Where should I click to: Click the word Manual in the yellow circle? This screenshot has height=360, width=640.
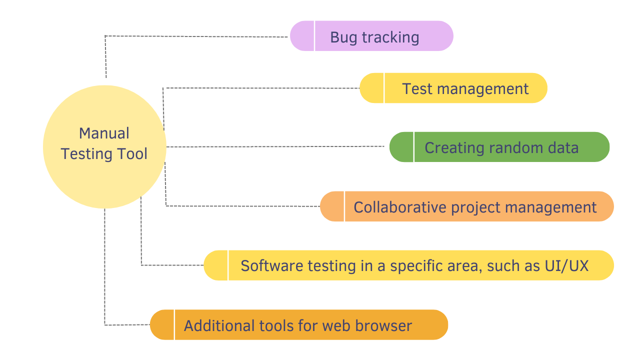tap(104, 133)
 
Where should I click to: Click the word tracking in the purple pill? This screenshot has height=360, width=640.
tap(390, 37)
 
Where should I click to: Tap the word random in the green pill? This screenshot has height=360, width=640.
tap(515, 148)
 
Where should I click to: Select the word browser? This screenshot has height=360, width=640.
tap(383, 325)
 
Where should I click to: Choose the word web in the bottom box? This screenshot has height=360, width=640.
tap(335, 325)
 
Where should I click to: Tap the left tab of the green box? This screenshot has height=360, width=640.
tap(401, 147)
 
